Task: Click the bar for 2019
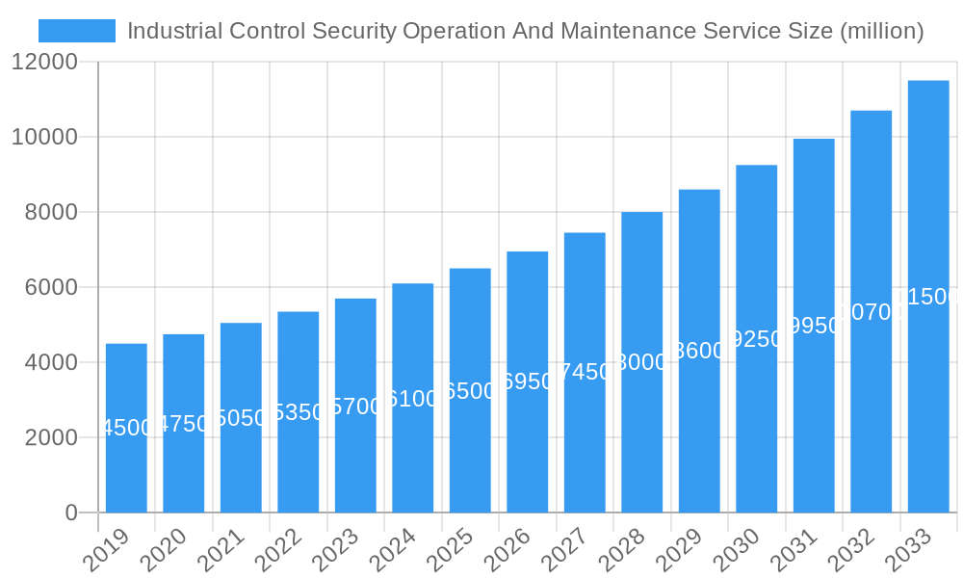click(126, 428)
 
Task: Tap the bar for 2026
click(528, 381)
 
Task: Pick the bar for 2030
click(757, 339)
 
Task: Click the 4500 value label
click(126, 428)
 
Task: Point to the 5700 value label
click(355, 407)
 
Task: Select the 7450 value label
click(585, 372)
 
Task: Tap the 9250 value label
click(757, 339)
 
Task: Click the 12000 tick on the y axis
click(43, 62)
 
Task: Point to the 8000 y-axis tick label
click(50, 212)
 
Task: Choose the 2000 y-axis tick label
click(50, 437)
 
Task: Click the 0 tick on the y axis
click(71, 512)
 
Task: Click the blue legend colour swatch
click(77, 31)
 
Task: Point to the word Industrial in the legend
click(174, 31)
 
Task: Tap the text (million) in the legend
click(882, 31)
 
